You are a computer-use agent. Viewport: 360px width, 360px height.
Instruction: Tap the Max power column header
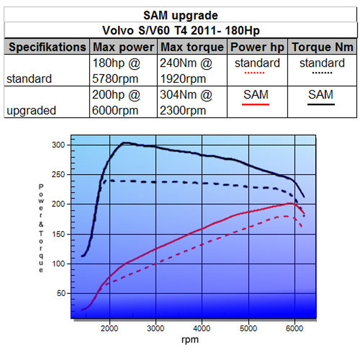coord(124,47)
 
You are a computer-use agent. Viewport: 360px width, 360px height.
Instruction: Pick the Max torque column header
coord(191,47)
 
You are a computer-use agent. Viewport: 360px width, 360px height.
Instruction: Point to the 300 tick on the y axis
coord(57,145)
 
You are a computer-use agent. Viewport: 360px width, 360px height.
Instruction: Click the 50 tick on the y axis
coord(59,293)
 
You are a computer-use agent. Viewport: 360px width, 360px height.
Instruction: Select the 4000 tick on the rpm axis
coord(202,329)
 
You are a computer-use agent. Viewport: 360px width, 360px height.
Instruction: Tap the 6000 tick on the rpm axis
coord(294,329)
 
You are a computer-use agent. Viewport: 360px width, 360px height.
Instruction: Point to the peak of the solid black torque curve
coord(125,143)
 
